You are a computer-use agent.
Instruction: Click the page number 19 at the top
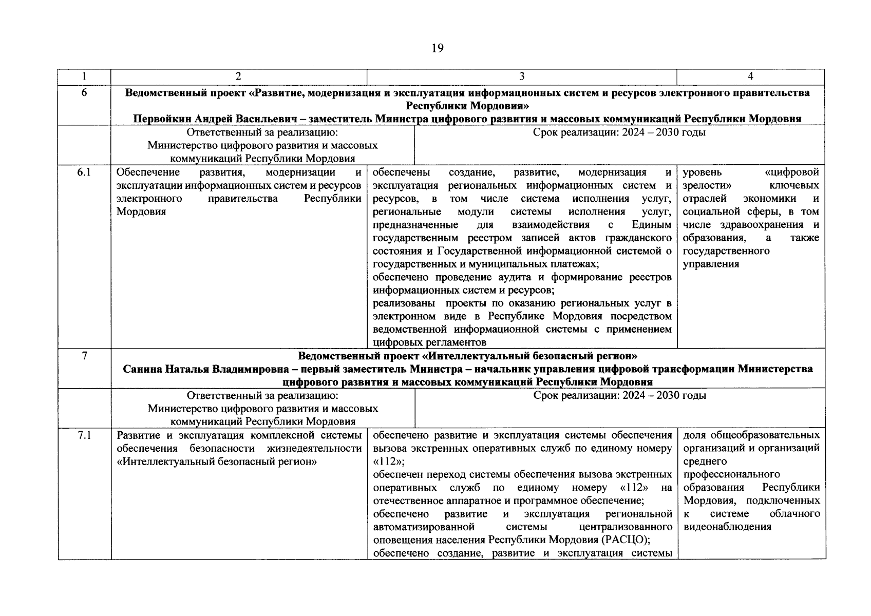coord(437,48)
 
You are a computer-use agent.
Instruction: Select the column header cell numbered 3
coord(522,76)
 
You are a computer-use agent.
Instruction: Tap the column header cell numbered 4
coord(750,76)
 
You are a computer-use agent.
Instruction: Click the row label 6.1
coord(84,172)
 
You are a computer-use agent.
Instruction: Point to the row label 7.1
coord(84,436)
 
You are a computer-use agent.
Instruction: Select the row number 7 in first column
coord(84,356)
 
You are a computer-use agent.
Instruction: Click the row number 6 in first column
coord(84,93)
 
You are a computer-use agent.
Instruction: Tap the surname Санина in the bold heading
coord(142,369)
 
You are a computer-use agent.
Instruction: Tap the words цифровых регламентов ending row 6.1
coord(429,342)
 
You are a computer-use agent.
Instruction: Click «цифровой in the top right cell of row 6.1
coord(791,172)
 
